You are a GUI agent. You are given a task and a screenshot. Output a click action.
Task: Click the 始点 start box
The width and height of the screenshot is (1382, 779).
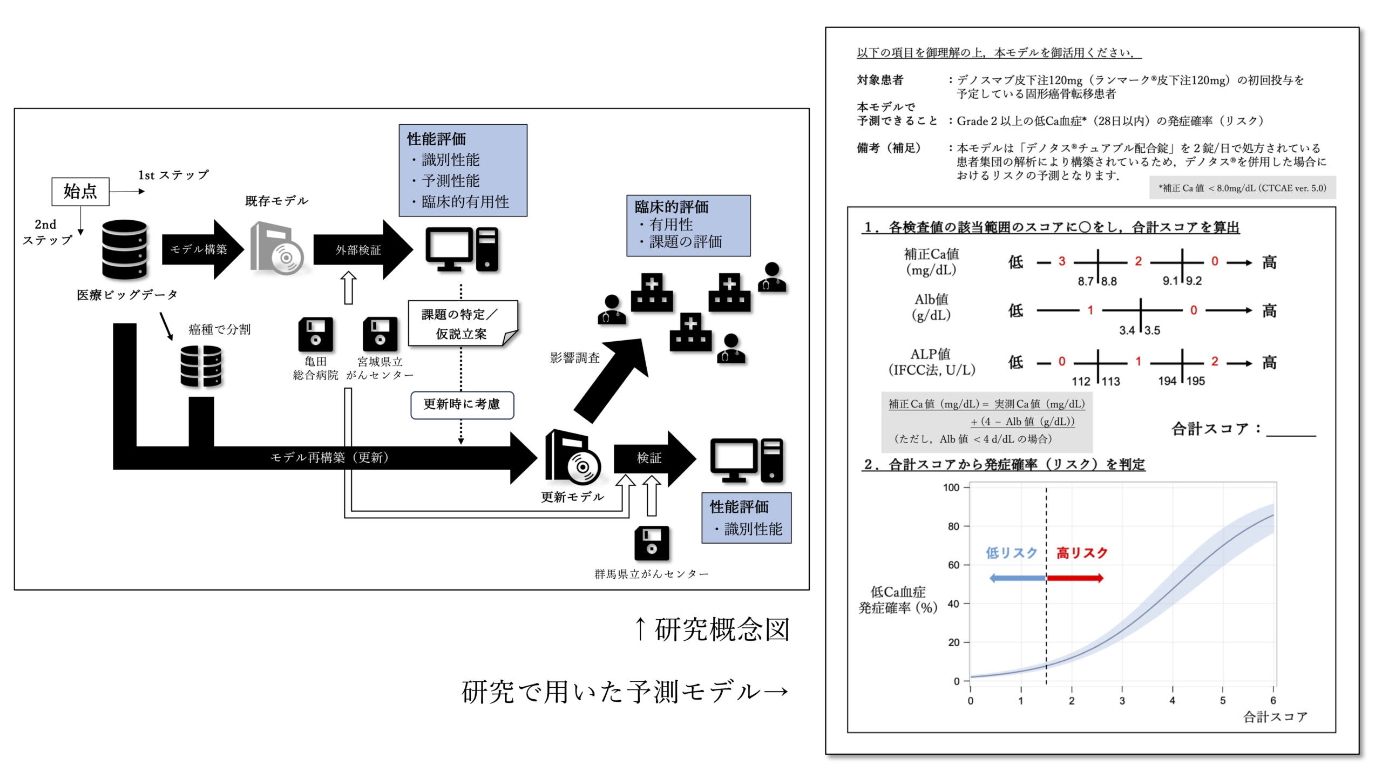80,191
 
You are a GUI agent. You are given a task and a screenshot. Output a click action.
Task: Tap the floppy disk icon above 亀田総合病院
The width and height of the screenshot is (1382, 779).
315,334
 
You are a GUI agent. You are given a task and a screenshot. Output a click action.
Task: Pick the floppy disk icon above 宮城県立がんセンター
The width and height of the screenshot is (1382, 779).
380,334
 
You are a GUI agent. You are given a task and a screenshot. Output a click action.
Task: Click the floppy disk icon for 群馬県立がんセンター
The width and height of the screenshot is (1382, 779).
652,543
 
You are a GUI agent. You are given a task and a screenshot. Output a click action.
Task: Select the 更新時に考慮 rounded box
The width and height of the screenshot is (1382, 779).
462,405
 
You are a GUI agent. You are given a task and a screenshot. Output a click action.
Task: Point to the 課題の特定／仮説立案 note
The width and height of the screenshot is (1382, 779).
462,323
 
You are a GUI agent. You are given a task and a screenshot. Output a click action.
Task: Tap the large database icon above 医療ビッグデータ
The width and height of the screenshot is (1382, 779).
124,249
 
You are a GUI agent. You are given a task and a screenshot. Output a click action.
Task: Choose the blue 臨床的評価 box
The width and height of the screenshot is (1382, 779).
688,225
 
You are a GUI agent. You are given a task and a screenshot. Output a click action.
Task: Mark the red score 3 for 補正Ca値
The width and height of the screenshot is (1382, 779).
1061,261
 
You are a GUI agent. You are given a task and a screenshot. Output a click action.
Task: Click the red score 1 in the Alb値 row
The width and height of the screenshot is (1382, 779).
1090,310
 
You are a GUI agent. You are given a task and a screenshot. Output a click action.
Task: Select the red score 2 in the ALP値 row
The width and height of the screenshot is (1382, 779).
1214,361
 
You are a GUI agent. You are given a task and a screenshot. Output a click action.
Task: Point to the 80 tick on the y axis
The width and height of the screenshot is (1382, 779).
954,526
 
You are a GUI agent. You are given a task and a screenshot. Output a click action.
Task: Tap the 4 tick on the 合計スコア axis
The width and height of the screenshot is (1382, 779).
1172,700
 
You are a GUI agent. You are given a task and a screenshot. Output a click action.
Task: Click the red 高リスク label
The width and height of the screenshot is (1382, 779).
1082,553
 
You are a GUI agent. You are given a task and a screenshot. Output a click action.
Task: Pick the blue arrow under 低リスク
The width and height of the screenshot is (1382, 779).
1017,578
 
